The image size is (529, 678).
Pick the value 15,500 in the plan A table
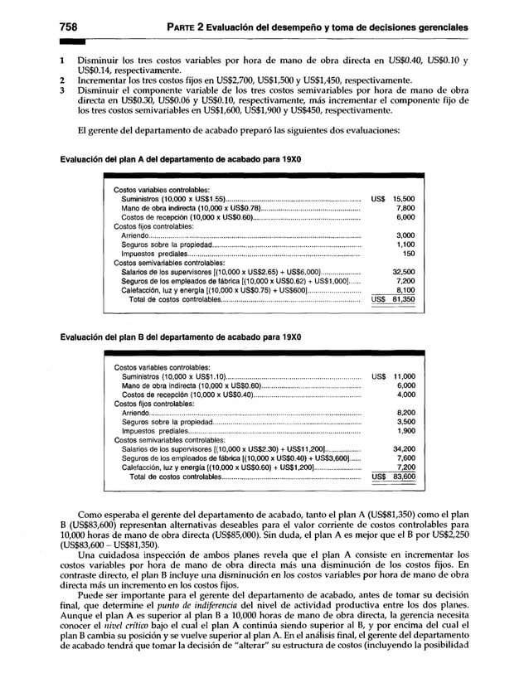[403, 200]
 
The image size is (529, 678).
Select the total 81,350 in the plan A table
[403, 300]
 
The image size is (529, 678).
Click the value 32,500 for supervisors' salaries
[403, 271]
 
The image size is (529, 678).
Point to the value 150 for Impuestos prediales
[408, 254]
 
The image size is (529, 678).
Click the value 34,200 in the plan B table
[403, 448]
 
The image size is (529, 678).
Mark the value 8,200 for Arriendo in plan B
[405, 412]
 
